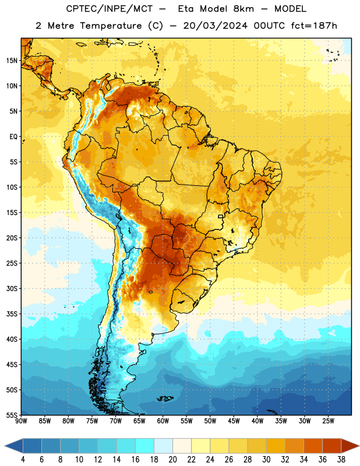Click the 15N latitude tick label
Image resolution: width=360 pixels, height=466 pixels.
(12, 61)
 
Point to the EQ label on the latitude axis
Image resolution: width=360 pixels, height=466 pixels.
(13, 137)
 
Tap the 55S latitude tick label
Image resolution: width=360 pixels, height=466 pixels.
(12, 415)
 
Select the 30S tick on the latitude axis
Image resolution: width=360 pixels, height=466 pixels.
(12, 288)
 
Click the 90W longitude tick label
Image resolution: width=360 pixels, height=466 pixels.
(22, 421)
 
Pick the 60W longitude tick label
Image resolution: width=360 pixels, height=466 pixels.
(163, 421)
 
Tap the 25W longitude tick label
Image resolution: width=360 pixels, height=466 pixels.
(328, 421)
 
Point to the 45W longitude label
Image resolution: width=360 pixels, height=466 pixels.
(234, 421)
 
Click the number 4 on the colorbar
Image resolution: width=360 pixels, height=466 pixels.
(23, 460)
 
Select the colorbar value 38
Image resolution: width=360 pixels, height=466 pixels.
(341, 460)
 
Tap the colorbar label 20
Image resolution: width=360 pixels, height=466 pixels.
(172, 460)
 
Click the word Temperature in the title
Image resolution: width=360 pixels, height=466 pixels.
(111, 26)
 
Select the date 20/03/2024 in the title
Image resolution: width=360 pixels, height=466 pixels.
(216, 26)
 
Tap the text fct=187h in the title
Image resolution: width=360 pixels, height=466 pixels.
(314, 26)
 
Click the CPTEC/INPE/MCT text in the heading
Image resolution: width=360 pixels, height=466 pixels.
(110, 9)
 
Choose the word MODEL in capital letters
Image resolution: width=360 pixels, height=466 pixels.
(290, 9)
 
